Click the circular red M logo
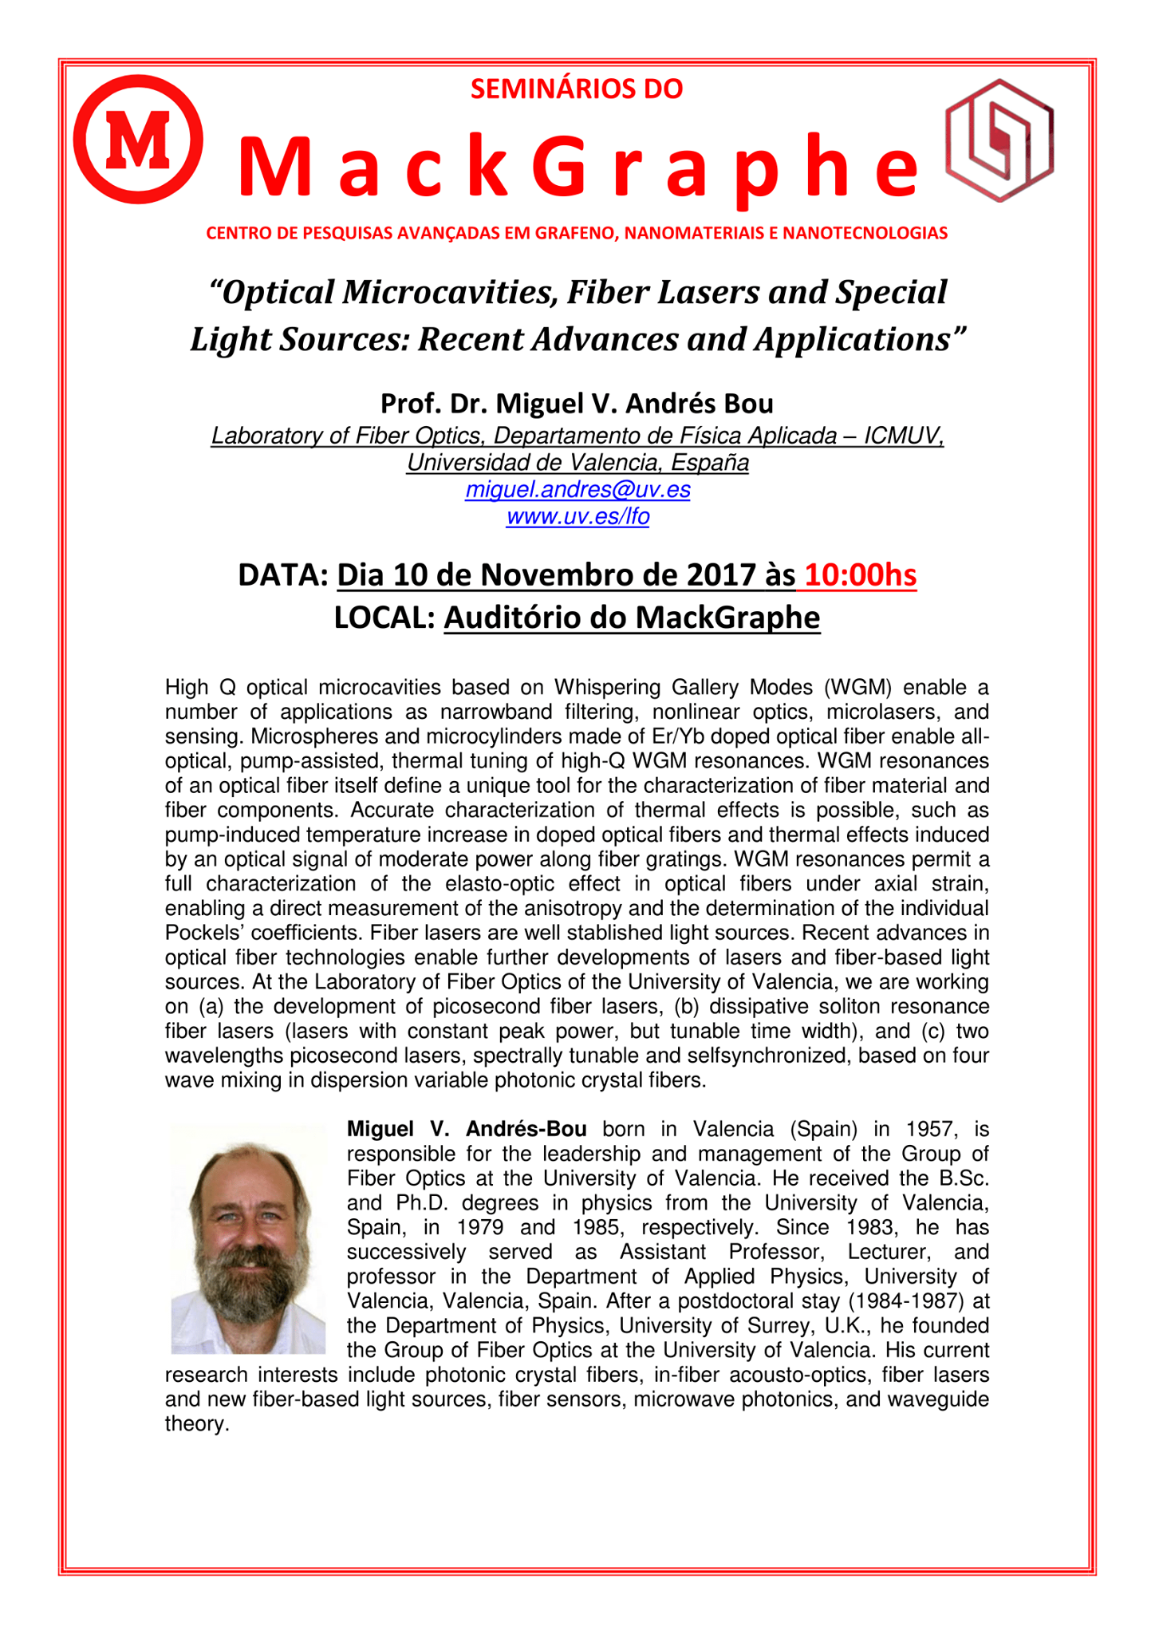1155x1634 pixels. [x=138, y=140]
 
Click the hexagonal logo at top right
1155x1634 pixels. [x=999, y=140]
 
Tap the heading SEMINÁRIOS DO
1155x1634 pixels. [x=577, y=89]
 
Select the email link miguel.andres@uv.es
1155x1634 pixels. [x=577, y=489]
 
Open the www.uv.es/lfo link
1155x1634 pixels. [x=577, y=517]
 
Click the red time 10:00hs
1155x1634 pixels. [x=861, y=575]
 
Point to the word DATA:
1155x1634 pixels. [x=282, y=575]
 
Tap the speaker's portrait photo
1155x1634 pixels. [x=248, y=1239]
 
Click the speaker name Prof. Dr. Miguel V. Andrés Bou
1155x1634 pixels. [x=577, y=404]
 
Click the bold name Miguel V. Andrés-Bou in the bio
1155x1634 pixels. [x=467, y=1129]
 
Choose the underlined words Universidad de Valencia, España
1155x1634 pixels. [x=577, y=463]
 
